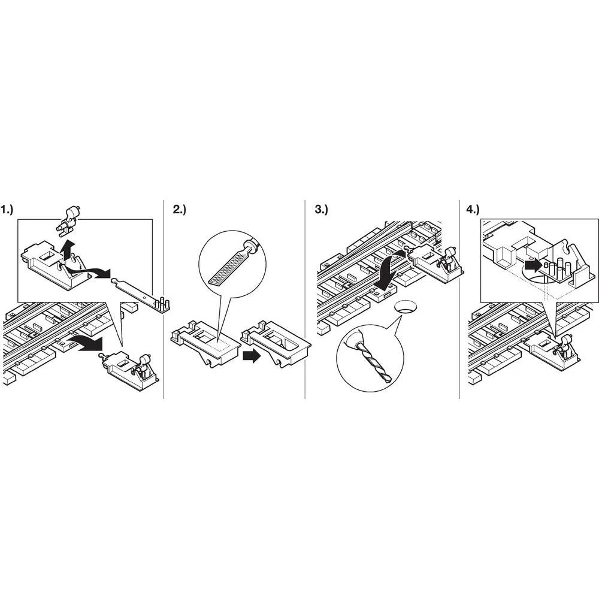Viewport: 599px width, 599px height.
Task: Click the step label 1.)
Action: [7, 209]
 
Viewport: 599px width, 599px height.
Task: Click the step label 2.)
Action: [180, 209]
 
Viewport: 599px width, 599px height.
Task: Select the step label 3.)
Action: [321, 209]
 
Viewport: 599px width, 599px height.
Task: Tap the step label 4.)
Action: [473, 209]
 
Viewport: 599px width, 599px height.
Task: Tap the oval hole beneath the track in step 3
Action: [406, 307]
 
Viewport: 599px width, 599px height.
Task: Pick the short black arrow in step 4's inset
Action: [533, 265]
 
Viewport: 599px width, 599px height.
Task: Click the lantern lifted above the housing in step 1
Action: [68, 220]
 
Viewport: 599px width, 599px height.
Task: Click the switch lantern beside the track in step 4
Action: [564, 344]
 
